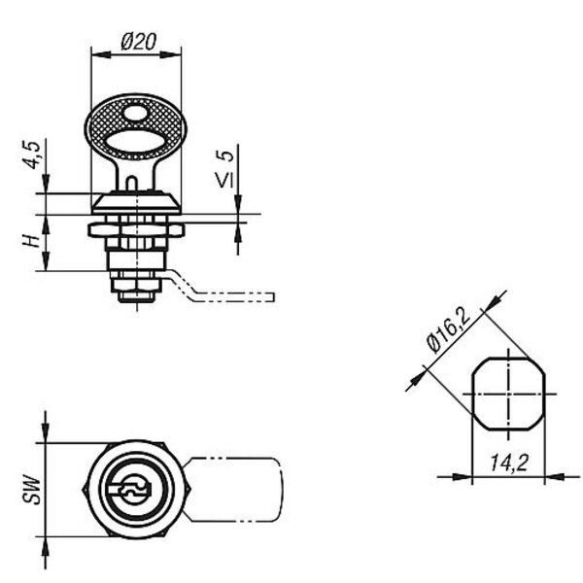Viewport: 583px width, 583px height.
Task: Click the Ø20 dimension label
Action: pos(139,42)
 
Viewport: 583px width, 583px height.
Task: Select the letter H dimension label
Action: pos(31,241)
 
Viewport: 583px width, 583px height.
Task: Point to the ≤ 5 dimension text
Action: pos(225,168)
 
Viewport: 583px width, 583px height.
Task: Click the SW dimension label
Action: pos(32,491)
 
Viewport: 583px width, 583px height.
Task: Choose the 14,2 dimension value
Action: pos(508,463)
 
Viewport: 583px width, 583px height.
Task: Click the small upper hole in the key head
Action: pos(135,114)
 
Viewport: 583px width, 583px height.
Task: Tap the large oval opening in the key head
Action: pos(135,142)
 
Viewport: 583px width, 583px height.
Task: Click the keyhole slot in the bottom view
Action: pos(129,491)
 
